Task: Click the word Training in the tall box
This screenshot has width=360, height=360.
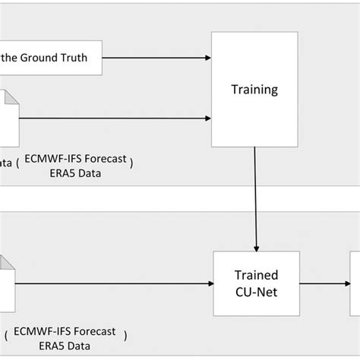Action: (x=254, y=90)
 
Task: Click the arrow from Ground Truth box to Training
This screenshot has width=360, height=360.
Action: (x=156, y=56)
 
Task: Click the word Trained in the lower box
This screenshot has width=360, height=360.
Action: (x=256, y=275)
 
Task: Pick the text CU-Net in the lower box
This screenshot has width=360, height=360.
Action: (x=256, y=291)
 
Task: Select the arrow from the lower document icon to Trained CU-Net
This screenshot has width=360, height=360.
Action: (x=114, y=284)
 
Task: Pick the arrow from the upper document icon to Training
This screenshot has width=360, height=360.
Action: (x=114, y=118)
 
